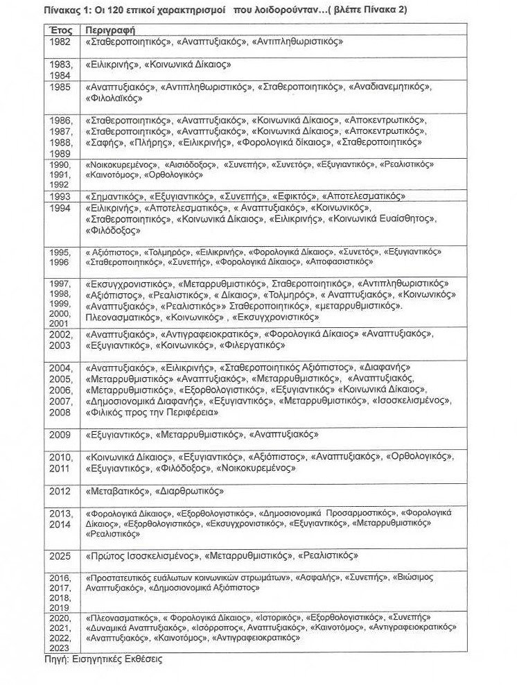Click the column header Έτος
point(61,31)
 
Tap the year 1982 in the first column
point(61,42)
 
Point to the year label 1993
point(61,197)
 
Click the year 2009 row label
point(61,435)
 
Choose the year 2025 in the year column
point(61,556)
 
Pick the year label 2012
point(61,491)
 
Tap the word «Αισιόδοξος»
point(194,165)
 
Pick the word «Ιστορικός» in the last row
point(278,617)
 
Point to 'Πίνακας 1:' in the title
point(67,10)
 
